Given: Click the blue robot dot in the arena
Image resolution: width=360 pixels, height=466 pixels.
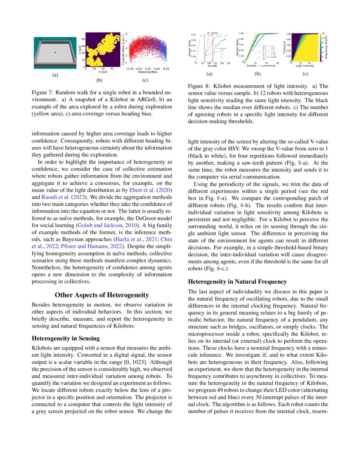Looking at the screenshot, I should [x=55, y=52].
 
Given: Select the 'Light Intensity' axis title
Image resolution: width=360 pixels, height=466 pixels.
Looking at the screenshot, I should [x=305, y=67].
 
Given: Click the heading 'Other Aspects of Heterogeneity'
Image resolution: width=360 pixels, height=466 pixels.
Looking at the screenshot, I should [x=102, y=295].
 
